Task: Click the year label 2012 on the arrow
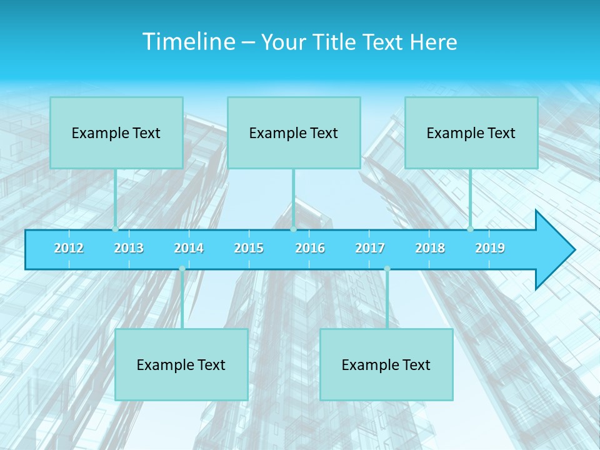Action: click(69, 249)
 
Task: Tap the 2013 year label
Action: click(129, 249)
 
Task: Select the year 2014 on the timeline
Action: click(189, 249)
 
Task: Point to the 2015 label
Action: click(249, 249)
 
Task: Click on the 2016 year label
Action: click(310, 249)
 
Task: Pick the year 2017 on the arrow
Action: click(370, 249)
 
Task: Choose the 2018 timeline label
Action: click(430, 249)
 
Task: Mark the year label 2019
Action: click(490, 249)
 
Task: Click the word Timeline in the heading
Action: click(188, 42)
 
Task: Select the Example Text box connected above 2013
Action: click(116, 132)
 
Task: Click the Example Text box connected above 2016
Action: click(294, 132)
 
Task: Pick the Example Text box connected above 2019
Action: click(471, 132)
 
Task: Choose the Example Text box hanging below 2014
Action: click(181, 364)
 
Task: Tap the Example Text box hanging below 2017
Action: click(386, 364)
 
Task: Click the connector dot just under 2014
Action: click(182, 269)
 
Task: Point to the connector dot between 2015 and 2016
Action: click(293, 229)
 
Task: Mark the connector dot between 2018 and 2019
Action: click(470, 229)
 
